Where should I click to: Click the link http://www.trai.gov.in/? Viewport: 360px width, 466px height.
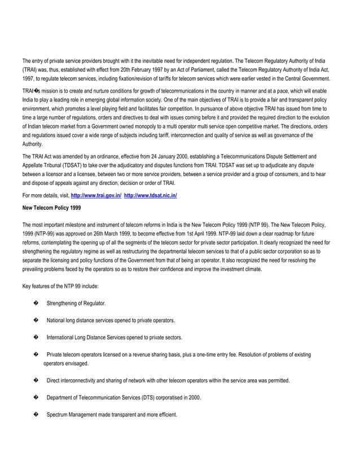(96, 195)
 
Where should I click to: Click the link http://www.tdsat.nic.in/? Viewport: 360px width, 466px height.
(150, 195)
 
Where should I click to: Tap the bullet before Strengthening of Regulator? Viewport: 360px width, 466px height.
(36, 303)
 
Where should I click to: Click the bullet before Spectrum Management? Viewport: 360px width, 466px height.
(36, 415)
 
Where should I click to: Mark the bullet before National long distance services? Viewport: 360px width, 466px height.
(36, 320)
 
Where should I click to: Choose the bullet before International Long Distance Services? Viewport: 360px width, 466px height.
(36, 337)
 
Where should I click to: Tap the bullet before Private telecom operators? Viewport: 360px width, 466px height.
(36, 354)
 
